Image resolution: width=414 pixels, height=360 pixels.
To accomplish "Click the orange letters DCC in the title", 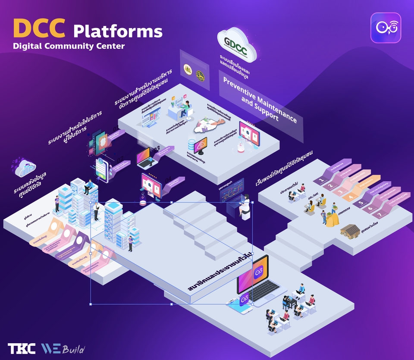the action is click(x=39, y=28).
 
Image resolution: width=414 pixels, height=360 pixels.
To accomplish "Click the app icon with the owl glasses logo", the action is click(x=386, y=28).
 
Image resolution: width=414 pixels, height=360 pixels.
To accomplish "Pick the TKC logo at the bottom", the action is click(x=22, y=349).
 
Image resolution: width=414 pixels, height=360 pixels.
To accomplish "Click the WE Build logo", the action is click(x=63, y=349).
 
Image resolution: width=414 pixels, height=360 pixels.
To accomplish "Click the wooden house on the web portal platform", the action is click(x=350, y=231).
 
